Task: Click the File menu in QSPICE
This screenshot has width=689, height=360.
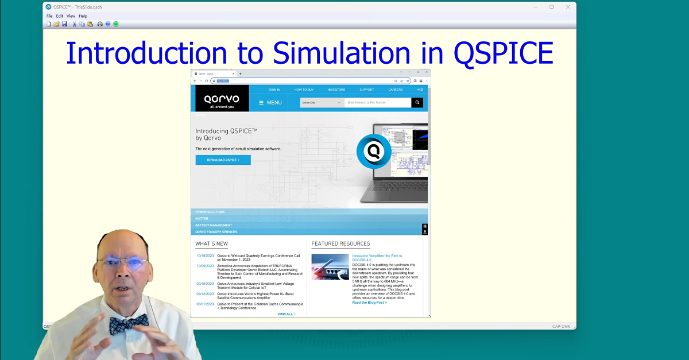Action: click(49, 16)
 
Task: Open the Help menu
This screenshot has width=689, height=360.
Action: click(83, 16)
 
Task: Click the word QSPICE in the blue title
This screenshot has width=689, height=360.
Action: click(503, 53)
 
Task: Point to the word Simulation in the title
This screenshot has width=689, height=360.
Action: click(341, 53)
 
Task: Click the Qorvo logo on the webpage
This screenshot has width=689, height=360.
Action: click(222, 98)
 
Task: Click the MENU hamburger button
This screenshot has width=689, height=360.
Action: click(270, 103)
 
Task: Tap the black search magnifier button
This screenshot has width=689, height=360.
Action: click(417, 103)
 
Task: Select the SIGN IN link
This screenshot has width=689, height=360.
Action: click(274, 90)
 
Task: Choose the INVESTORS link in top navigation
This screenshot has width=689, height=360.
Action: click(336, 90)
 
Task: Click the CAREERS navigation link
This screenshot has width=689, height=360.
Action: click(396, 90)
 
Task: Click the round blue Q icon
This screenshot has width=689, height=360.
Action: click(374, 152)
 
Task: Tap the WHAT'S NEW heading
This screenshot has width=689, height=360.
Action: click(212, 244)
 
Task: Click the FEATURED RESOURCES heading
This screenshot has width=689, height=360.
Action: click(340, 244)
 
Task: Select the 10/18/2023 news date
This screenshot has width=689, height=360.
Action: click(205, 256)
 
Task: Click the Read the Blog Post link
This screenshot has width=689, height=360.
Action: click(369, 303)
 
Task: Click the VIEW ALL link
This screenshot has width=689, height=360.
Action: click(286, 314)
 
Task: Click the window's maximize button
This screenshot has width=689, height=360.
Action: click(551, 7)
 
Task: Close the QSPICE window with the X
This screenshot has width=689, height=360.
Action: click(568, 7)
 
